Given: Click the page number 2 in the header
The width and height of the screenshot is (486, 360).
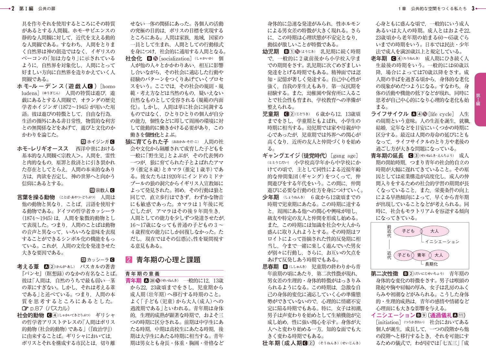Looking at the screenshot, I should tap(13, 9).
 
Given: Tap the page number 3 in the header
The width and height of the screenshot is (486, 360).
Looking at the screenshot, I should tap(473, 9).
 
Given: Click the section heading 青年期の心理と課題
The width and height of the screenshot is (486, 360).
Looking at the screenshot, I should tap(168, 260).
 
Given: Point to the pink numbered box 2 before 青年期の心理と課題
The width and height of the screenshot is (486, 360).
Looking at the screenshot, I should tap(129, 260).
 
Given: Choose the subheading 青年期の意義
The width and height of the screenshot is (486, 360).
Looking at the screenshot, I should tap(143, 274).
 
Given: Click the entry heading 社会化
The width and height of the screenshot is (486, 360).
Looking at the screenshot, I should tap(134, 59).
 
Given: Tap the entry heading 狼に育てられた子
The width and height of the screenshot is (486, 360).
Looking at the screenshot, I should tap(147, 142).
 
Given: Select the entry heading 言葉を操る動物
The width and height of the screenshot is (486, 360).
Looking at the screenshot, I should tap(36, 197).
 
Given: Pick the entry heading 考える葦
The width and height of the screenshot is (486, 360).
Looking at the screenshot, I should tap(28, 267).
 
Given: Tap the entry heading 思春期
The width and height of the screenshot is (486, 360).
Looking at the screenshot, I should tap(271, 267).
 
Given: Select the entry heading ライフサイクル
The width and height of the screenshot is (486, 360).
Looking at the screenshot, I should tap(389, 114).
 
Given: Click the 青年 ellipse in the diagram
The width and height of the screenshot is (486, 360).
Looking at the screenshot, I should tap(421, 255).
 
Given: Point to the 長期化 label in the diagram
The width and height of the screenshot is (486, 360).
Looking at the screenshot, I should tap(431, 264).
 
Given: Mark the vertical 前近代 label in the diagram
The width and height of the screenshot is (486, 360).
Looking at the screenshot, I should tap(389, 231).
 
